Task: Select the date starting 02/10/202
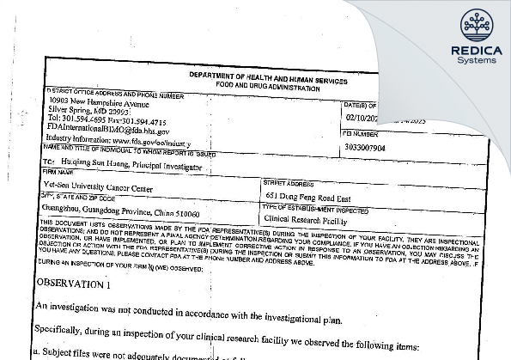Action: pos(361,123)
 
